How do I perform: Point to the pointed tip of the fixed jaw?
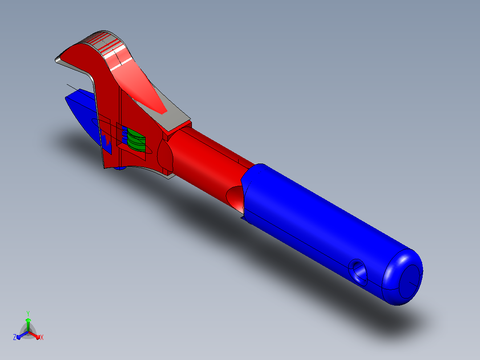tap(57, 60)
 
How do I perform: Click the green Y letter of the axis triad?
tap(28, 313)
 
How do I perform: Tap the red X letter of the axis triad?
tap(42, 337)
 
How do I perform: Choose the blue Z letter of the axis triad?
tap(15, 337)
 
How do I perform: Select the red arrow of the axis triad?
tap(34, 335)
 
